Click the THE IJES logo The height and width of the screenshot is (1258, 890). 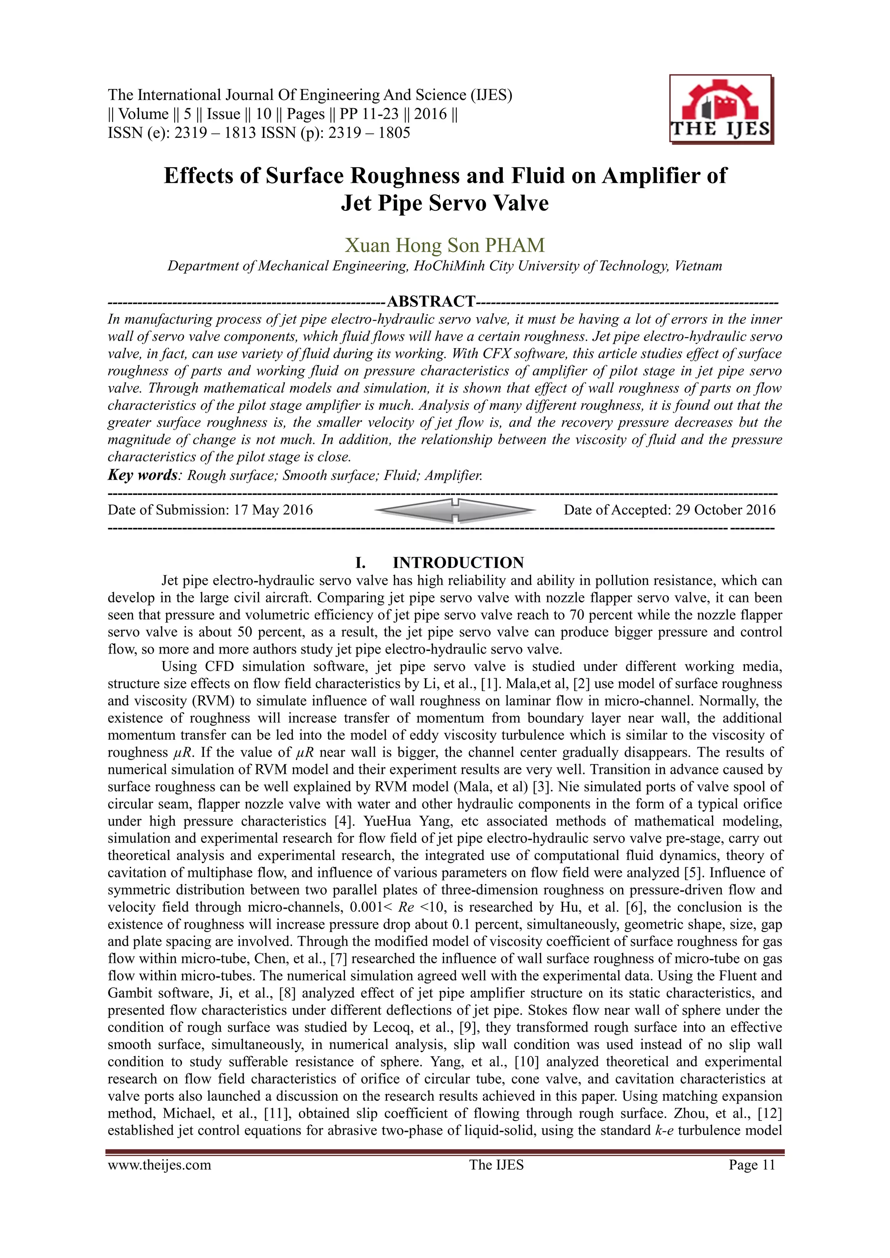[720, 110]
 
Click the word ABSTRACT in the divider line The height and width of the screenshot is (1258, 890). [431, 301]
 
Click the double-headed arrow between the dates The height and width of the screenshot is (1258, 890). [454, 510]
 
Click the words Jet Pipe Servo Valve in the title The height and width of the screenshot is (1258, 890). [445, 203]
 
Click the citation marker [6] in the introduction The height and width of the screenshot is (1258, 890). [635, 907]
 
